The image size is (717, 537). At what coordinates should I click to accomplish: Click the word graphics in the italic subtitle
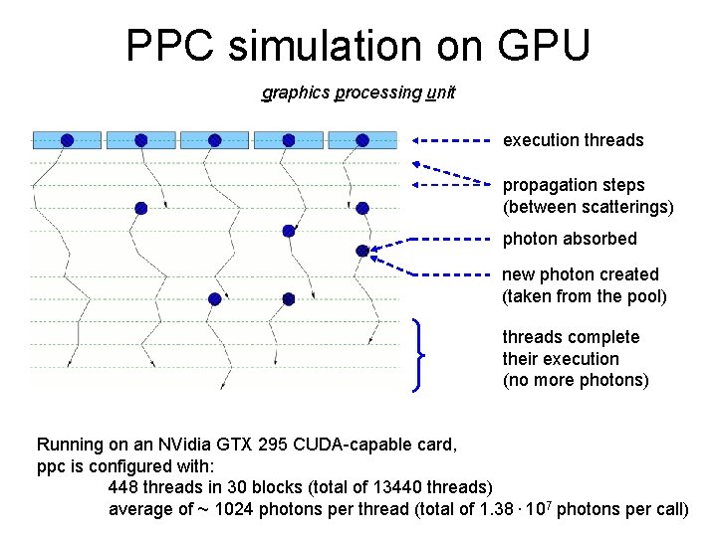pos(296,92)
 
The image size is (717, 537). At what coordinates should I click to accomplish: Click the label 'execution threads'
pos(573,140)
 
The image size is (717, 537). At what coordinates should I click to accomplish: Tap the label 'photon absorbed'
pos(570,239)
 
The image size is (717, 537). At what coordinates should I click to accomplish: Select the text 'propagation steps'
pos(574,185)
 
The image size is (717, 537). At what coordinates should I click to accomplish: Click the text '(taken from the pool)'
pos(585,295)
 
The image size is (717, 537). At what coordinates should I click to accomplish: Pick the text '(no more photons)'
pos(576,380)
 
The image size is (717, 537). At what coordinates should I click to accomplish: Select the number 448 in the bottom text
pos(123,487)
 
